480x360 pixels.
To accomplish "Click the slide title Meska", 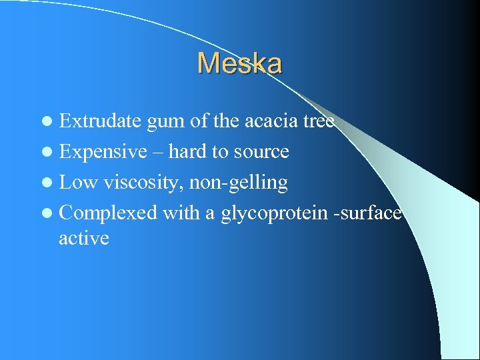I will [x=239, y=64].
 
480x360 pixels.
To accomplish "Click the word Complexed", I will [x=108, y=213].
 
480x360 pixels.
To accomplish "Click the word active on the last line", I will [x=83, y=238].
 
